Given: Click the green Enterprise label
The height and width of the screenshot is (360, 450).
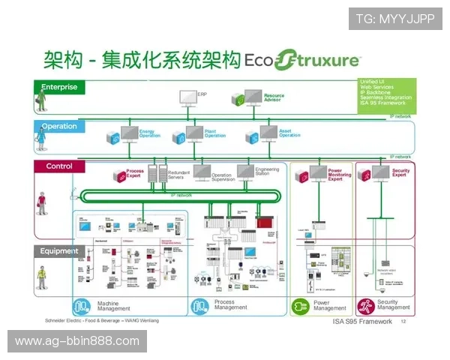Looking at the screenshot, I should pyautogui.click(x=59, y=87).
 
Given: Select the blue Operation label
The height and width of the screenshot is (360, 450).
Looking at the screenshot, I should pyautogui.click(x=59, y=126).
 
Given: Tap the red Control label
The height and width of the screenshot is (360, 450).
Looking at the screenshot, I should pyautogui.click(x=59, y=166).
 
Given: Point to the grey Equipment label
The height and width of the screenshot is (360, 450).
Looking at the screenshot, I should pyautogui.click(x=59, y=251).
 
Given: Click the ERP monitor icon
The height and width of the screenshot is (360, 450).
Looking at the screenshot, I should pyautogui.click(x=187, y=97).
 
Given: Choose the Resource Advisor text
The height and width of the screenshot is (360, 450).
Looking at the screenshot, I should pyautogui.click(x=274, y=97).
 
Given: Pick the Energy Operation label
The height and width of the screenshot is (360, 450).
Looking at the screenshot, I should pyautogui.click(x=149, y=134).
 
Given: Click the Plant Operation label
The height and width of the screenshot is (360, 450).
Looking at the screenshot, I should pyautogui.click(x=214, y=134).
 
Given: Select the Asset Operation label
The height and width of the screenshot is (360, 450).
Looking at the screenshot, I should pyautogui.click(x=289, y=134).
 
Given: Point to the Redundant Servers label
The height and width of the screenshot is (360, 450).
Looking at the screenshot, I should pyautogui.click(x=179, y=174).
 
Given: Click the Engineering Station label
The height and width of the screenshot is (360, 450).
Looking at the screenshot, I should pyautogui.click(x=267, y=172).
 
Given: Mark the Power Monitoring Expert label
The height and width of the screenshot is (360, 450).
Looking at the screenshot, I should pyautogui.click(x=339, y=175).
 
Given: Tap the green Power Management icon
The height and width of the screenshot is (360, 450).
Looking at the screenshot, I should pyautogui.click(x=300, y=306).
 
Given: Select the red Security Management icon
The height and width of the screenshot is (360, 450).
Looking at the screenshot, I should pyautogui.click(x=365, y=306).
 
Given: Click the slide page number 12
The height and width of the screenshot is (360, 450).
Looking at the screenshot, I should pyautogui.click(x=403, y=322).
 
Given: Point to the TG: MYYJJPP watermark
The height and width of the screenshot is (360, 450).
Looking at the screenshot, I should pyautogui.click(x=395, y=18).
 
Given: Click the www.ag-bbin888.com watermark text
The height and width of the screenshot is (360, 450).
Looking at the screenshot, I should pyautogui.click(x=77, y=341).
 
